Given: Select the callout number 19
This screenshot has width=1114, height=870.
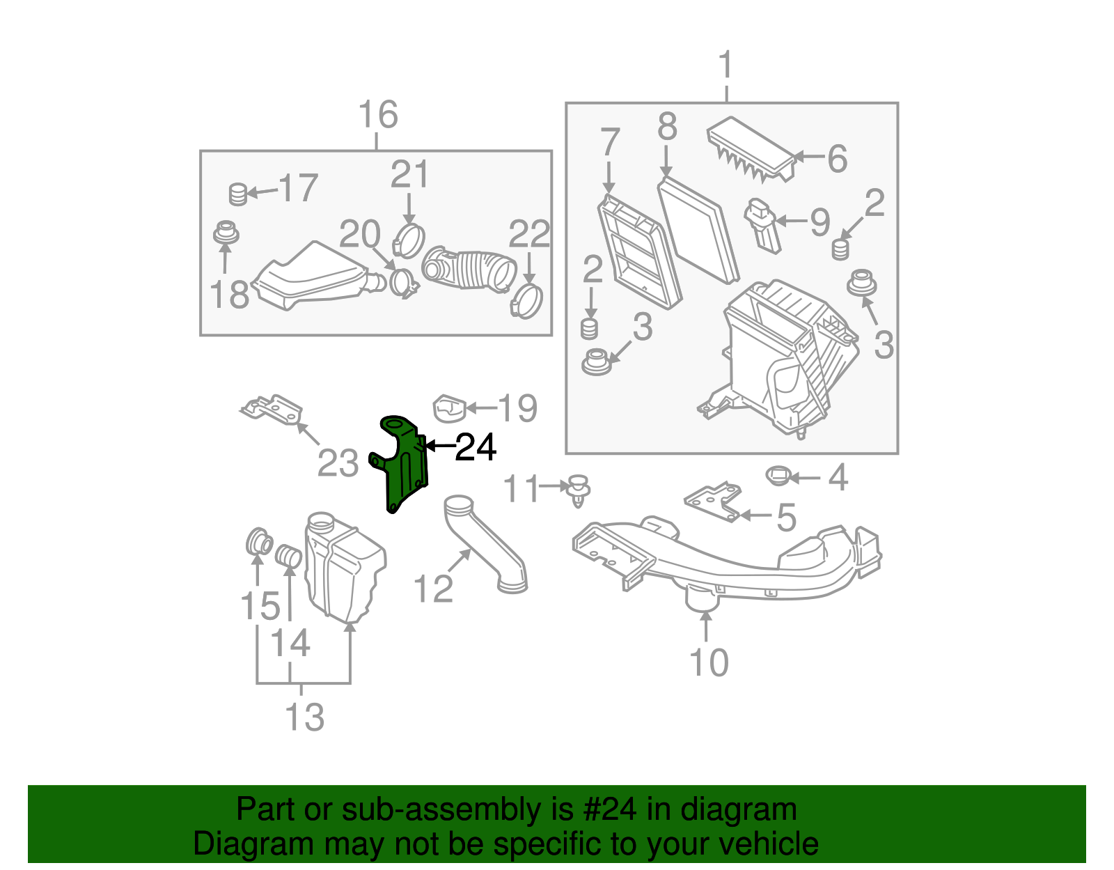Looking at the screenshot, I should tap(517, 408).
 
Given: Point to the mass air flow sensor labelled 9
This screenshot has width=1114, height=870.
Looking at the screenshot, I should tap(764, 224).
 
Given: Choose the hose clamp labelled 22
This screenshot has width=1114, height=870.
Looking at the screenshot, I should tap(527, 300).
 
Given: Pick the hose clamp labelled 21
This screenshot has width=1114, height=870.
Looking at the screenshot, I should tap(409, 240).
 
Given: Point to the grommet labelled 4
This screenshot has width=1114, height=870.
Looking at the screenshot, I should tap(778, 476).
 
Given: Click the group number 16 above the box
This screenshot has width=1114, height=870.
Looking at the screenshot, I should tap(378, 115).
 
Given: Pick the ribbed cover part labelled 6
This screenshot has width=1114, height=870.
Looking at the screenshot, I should tap(751, 150).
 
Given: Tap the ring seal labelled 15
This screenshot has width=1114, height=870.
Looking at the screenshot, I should tap(260, 541).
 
